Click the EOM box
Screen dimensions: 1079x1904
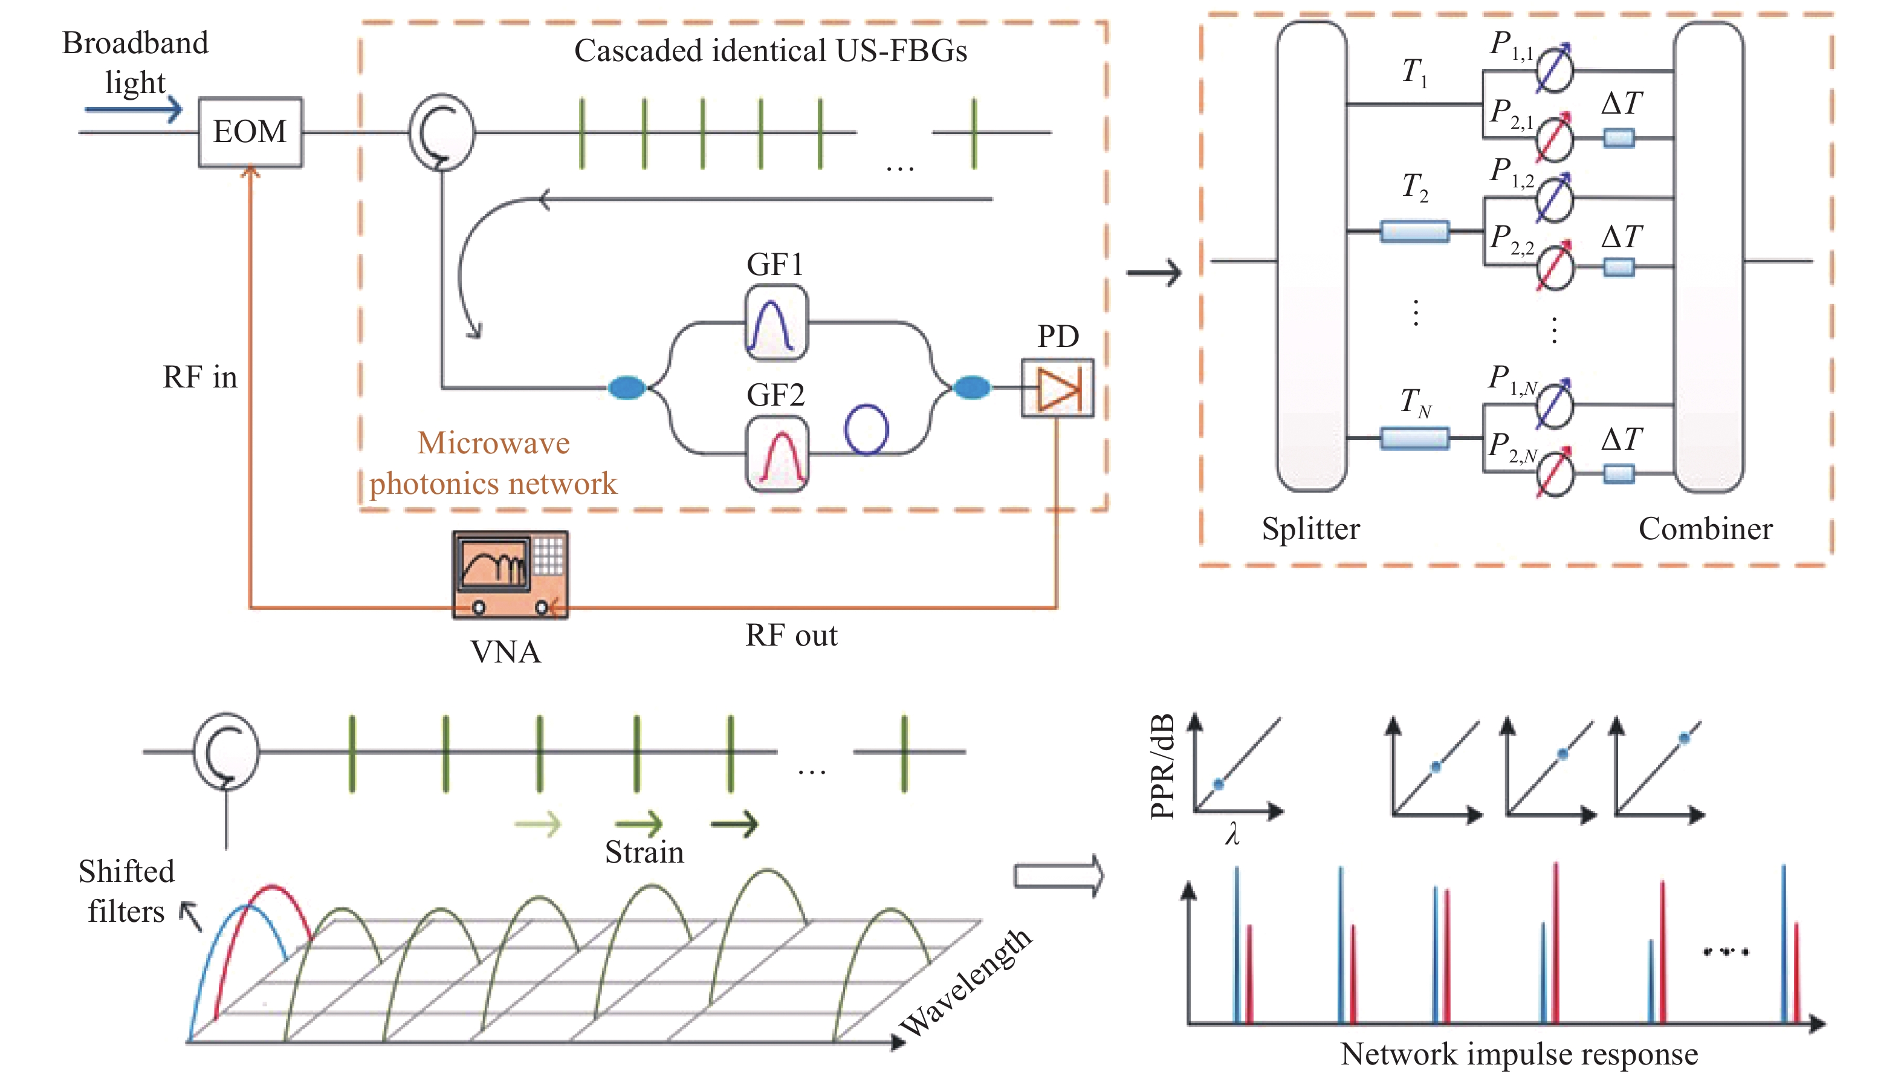[x=250, y=132]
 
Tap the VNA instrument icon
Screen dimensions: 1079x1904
[x=510, y=574]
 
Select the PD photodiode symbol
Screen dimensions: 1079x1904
[x=1057, y=387]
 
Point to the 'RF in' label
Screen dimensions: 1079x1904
[x=200, y=377]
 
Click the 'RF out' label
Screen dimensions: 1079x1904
[x=791, y=636]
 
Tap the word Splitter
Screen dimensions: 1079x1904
[x=1310, y=529]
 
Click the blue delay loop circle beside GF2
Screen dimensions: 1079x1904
[x=866, y=429]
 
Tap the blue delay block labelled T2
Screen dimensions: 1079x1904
[x=1414, y=231]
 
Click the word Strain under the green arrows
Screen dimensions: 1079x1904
[x=644, y=852]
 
